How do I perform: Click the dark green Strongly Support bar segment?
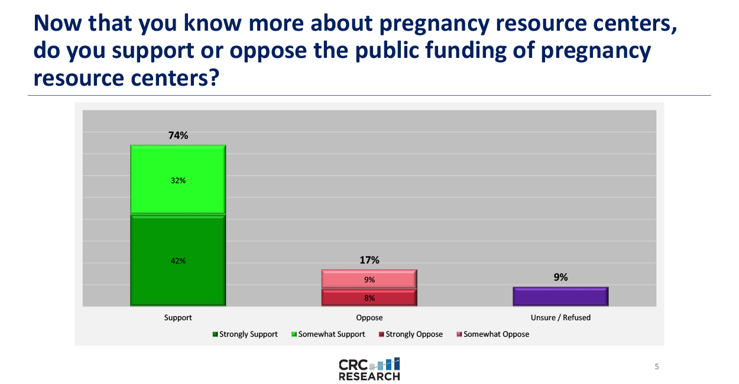(x=178, y=260)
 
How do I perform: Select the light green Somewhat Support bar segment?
(x=178, y=180)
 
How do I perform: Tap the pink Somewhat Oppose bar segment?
(x=369, y=279)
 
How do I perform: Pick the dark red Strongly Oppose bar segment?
(x=369, y=298)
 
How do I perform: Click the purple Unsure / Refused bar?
(x=560, y=297)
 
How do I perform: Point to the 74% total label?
(x=178, y=135)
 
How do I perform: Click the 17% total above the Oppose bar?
(x=369, y=260)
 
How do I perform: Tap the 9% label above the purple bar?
(x=561, y=277)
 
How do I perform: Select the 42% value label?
(x=178, y=261)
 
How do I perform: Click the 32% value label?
(x=178, y=180)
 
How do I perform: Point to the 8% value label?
(x=369, y=298)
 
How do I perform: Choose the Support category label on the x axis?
(x=178, y=317)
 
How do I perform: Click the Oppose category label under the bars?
(x=369, y=317)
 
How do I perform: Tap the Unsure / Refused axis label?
(x=560, y=317)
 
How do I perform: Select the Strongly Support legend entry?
(x=245, y=334)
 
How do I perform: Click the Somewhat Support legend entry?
(x=328, y=334)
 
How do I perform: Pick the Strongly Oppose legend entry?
(x=411, y=334)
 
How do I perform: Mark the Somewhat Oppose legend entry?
(x=493, y=334)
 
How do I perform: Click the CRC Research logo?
(x=369, y=369)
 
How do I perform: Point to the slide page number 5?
(x=657, y=366)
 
